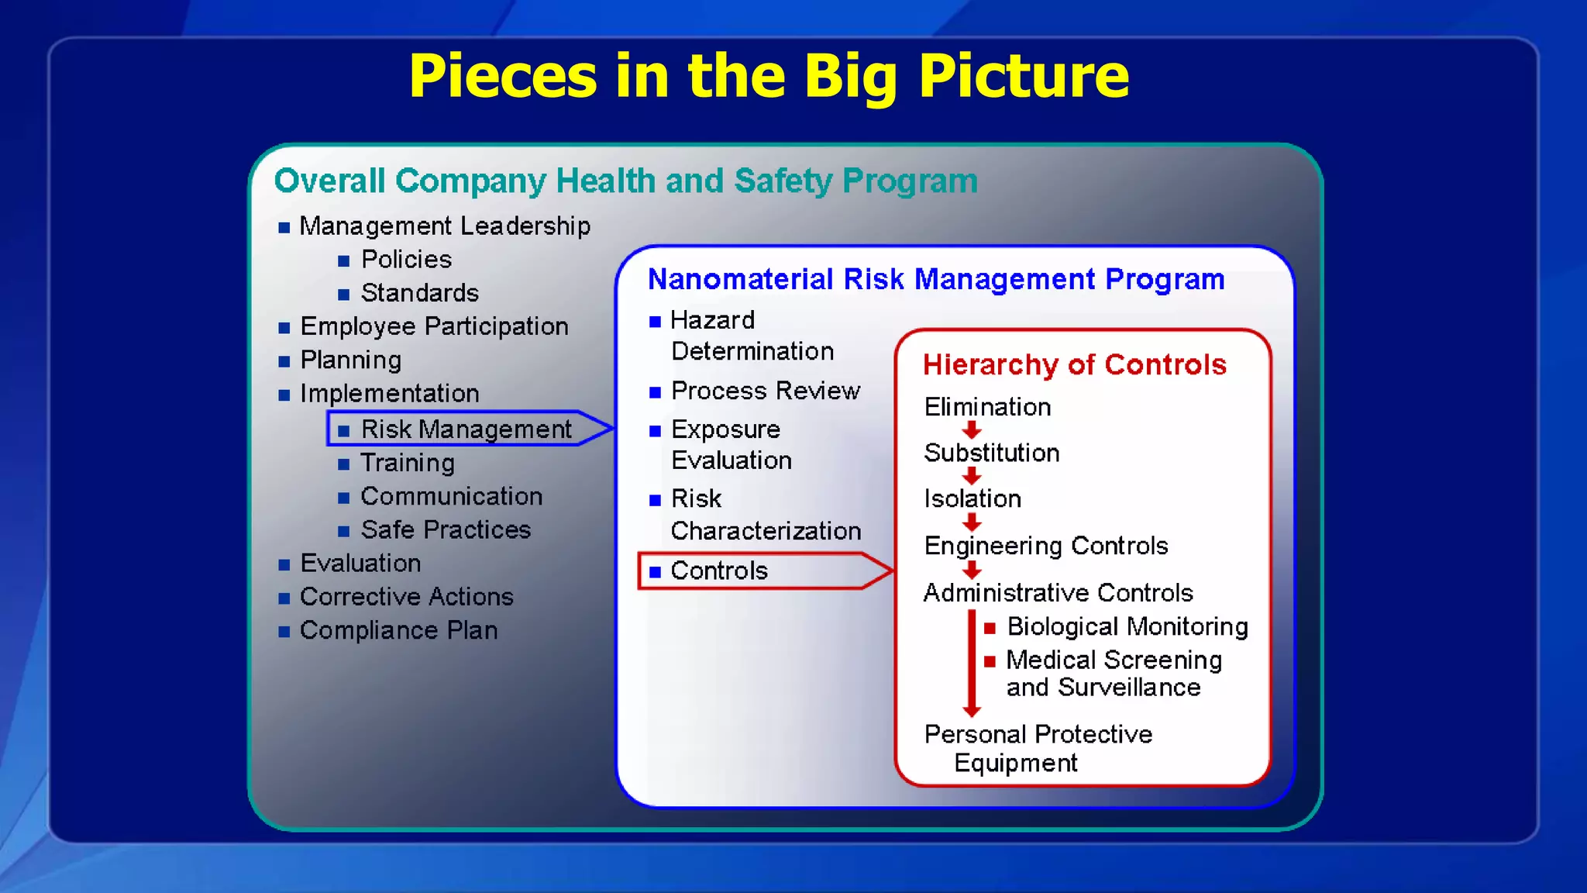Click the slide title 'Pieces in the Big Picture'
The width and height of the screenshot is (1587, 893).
(769, 76)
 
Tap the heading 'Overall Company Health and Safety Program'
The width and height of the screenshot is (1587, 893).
(625, 181)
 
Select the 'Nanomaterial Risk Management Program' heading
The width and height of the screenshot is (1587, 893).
(936, 279)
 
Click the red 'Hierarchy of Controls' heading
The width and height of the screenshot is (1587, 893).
(1075, 364)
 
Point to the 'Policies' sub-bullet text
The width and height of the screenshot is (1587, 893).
(406, 259)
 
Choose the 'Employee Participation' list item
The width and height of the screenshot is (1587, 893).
(434, 326)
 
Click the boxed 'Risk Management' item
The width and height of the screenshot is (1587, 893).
(466, 429)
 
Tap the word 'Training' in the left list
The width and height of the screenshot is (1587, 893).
(408, 463)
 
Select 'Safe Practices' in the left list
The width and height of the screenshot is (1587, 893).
(446, 529)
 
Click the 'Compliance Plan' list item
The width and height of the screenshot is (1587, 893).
(398, 630)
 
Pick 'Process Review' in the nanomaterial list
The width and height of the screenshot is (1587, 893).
(765, 391)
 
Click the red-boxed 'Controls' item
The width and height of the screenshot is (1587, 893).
(719, 571)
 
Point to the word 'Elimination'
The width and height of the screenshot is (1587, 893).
(987, 407)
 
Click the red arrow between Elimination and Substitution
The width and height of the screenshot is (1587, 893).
(972, 430)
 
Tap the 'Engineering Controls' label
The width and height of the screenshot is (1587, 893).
(1045, 546)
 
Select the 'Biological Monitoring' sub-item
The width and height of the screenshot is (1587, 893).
(1127, 626)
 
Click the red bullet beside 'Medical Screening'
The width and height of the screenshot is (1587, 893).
(990, 661)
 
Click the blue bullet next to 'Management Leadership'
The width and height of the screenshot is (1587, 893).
(284, 227)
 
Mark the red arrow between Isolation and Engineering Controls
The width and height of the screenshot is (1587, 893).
(972, 522)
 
